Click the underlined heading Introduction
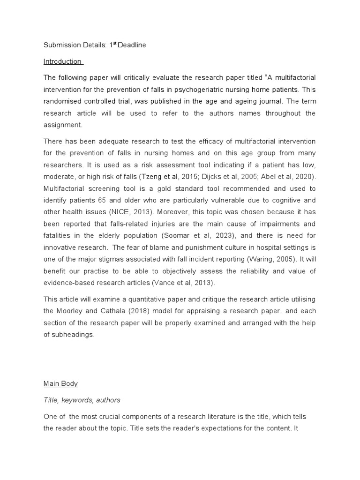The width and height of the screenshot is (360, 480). point(62,61)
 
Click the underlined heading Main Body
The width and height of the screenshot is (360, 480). point(60,383)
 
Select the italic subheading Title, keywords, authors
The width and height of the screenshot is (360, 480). point(82,400)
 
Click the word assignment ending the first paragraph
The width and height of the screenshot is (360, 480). point(63,126)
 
